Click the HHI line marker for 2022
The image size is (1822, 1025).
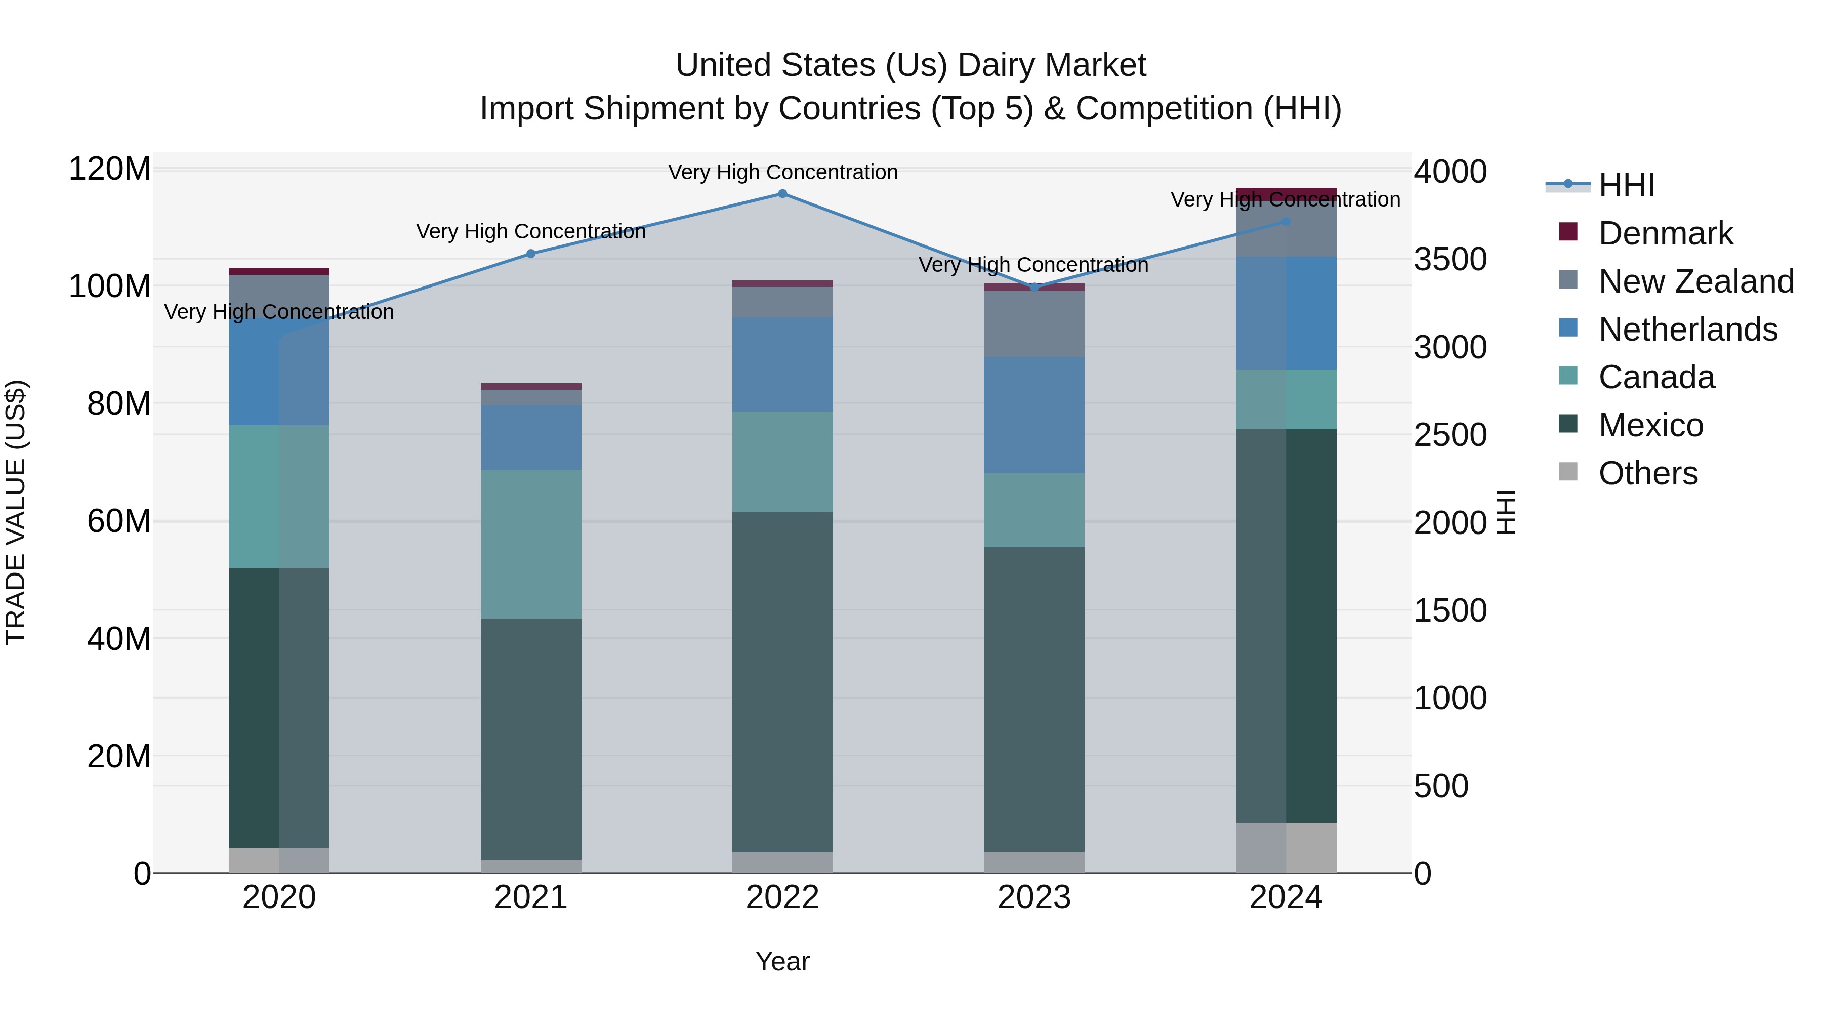point(782,194)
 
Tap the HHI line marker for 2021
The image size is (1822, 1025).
point(530,254)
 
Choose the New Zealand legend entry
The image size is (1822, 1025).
point(1695,281)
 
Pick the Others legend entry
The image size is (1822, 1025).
point(1647,473)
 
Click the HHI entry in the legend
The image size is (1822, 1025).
point(1626,185)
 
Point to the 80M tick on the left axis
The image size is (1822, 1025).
point(118,404)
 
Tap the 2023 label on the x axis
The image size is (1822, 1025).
point(1034,897)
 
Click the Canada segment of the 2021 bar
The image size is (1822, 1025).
point(530,545)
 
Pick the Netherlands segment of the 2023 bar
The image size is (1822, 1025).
point(1034,415)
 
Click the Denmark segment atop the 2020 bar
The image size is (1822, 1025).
point(279,272)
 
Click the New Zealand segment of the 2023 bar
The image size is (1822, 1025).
point(1034,324)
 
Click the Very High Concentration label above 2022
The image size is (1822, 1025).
point(782,172)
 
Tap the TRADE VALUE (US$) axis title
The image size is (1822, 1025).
point(16,512)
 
